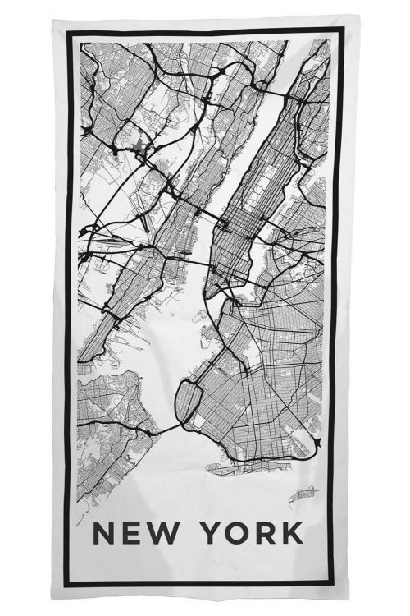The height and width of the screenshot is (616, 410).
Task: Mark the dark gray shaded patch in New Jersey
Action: coord(141,149)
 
